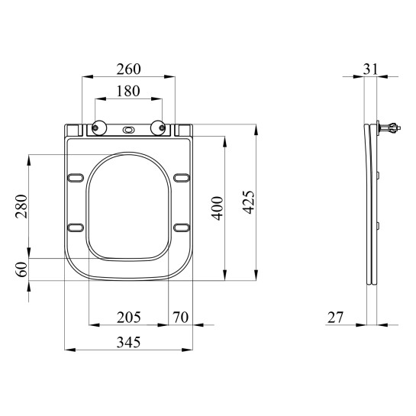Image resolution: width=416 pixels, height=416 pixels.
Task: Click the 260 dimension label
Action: click(129, 69)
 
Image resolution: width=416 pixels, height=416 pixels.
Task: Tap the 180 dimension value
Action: click(128, 91)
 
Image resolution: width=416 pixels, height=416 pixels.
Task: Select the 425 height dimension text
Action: click(249, 202)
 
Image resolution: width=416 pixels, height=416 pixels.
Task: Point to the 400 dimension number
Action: click(218, 208)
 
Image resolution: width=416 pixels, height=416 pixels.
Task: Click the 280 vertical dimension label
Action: click(21, 206)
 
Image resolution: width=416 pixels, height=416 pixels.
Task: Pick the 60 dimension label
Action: click(22, 269)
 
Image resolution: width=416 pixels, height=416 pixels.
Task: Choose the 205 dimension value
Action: click(129, 318)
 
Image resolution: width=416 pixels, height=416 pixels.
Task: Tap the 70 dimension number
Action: click(180, 318)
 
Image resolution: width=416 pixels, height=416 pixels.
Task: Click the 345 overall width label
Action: click(129, 342)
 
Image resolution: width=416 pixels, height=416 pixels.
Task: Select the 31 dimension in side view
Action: click(370, 69)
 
